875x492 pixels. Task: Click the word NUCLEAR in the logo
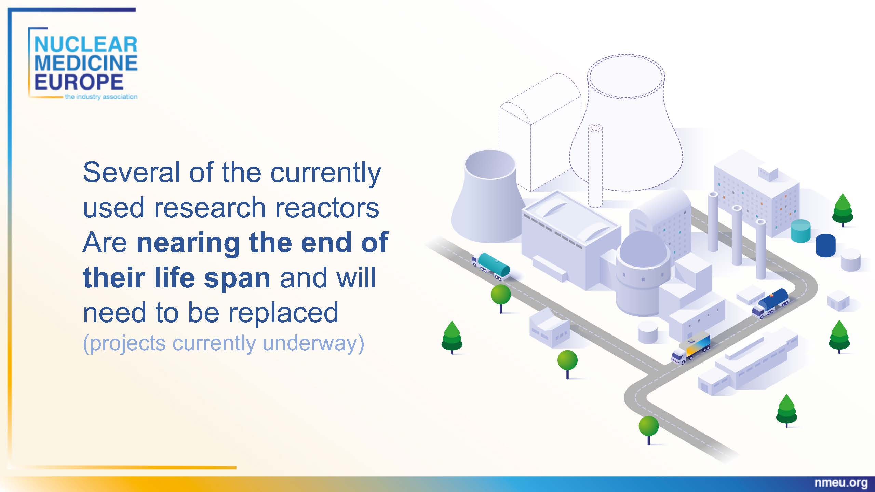coord(86,45)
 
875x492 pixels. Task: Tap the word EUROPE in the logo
coord(79,82)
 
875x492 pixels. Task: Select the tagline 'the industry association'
coord(101,97)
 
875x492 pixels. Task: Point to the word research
coord(210,207)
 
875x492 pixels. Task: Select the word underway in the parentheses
coord(309,344)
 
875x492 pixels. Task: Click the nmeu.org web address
coord(841,483)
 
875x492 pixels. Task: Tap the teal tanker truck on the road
coord(491,266)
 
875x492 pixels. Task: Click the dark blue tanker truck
coord(770,303)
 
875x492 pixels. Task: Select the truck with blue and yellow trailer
coord(691,347)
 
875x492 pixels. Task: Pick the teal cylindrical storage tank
coord(800,231)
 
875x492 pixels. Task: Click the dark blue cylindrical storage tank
coord(825,245)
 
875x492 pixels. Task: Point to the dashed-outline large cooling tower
coord(626,123)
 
